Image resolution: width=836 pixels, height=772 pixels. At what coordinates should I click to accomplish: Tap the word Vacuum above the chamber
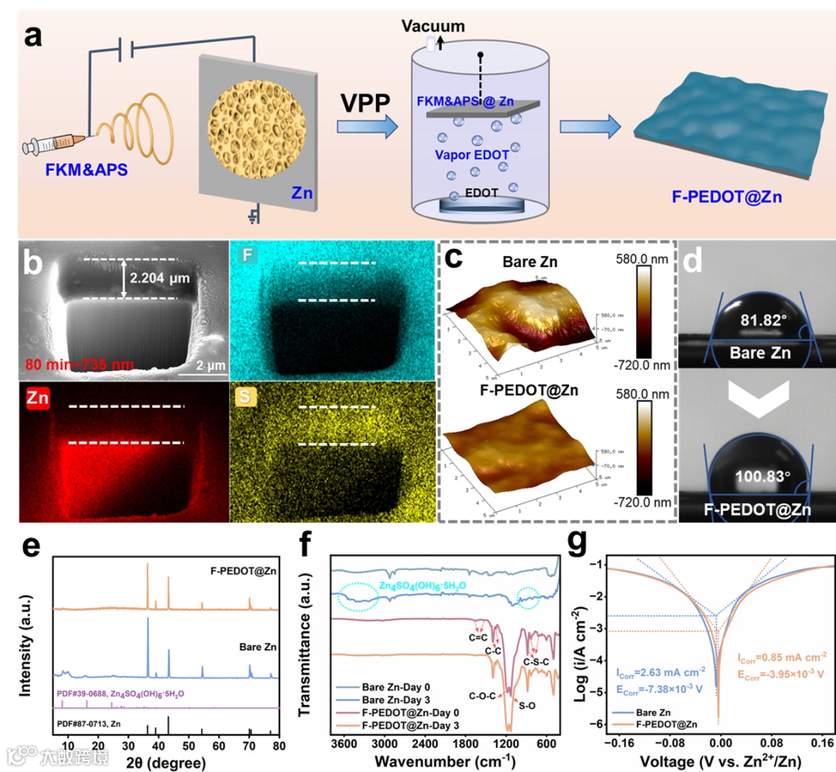(433, 26)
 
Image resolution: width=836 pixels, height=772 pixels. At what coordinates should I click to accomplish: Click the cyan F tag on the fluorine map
(245, 252)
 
